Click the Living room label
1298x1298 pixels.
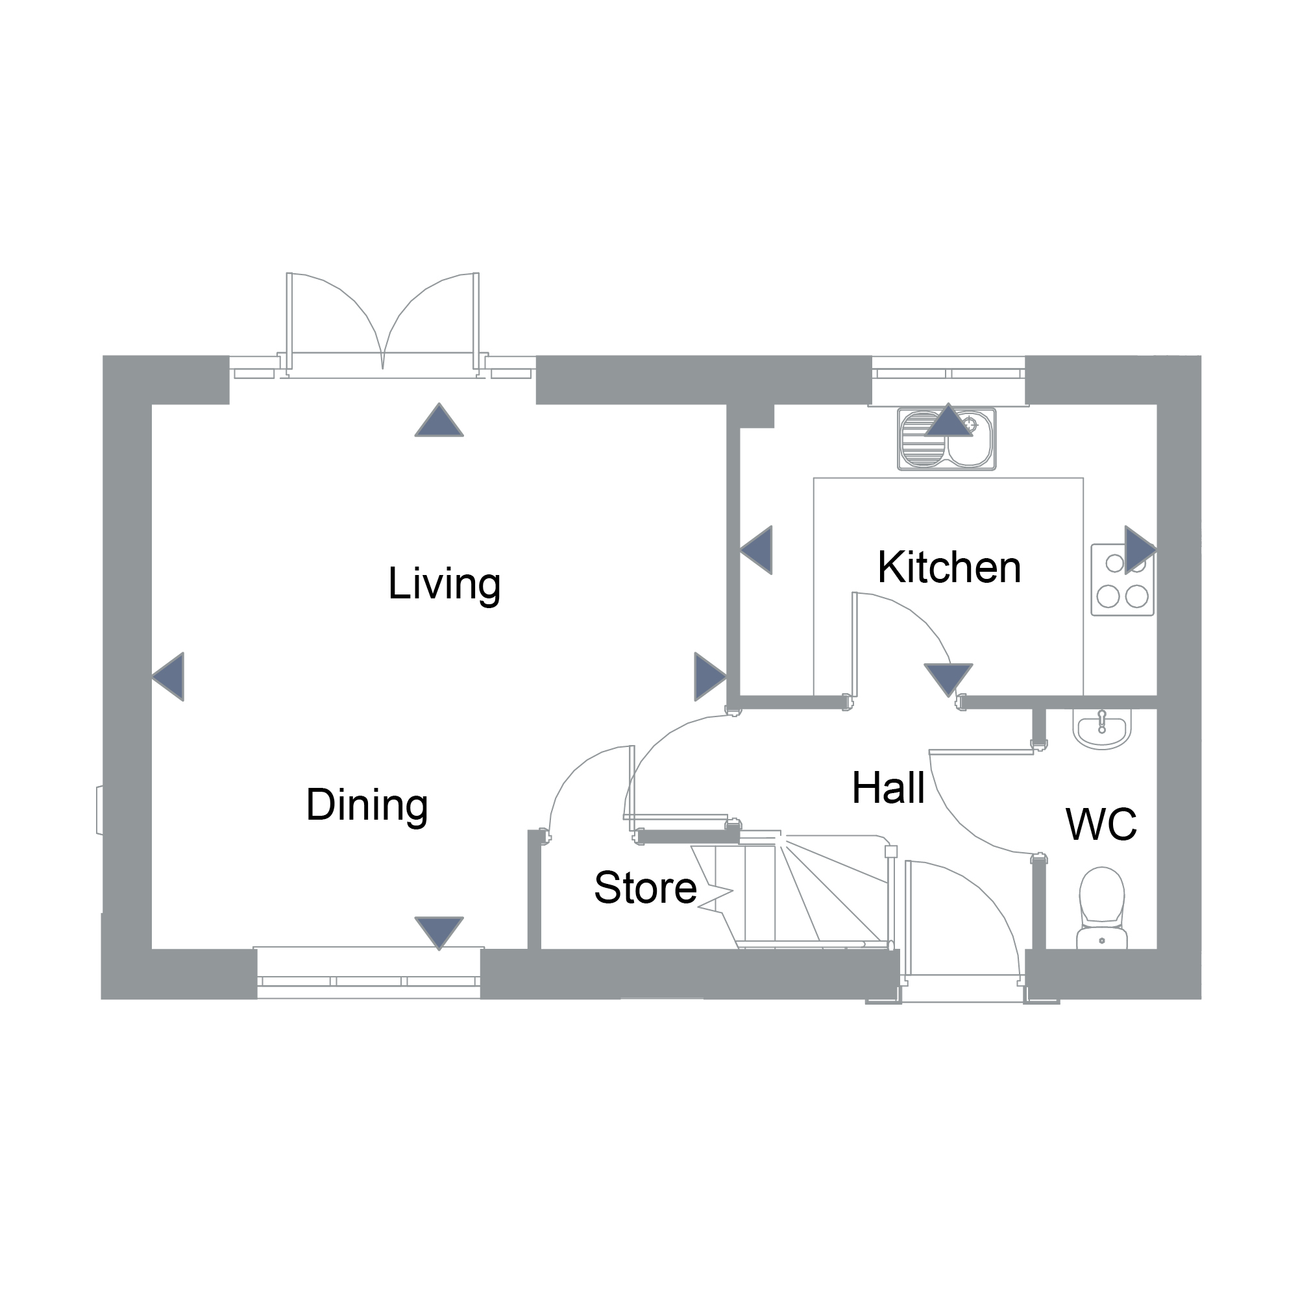point(444,585)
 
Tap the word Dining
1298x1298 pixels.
point(367,805)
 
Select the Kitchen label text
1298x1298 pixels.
point(949,568)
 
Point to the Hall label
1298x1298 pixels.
point(888,788)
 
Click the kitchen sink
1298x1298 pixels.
point(947,439)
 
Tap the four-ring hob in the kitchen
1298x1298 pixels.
point(1123,580)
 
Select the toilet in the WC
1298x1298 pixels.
point(1102,908)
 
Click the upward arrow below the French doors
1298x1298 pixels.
point(439,420)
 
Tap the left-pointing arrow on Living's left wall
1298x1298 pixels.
point(168,676)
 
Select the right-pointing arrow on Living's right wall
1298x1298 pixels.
point(710,676)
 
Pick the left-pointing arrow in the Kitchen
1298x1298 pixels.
point(756,550)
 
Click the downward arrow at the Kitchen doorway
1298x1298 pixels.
point(949,680)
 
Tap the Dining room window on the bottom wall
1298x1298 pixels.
point(369,973)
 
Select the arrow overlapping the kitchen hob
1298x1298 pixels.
point(1141,550)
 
